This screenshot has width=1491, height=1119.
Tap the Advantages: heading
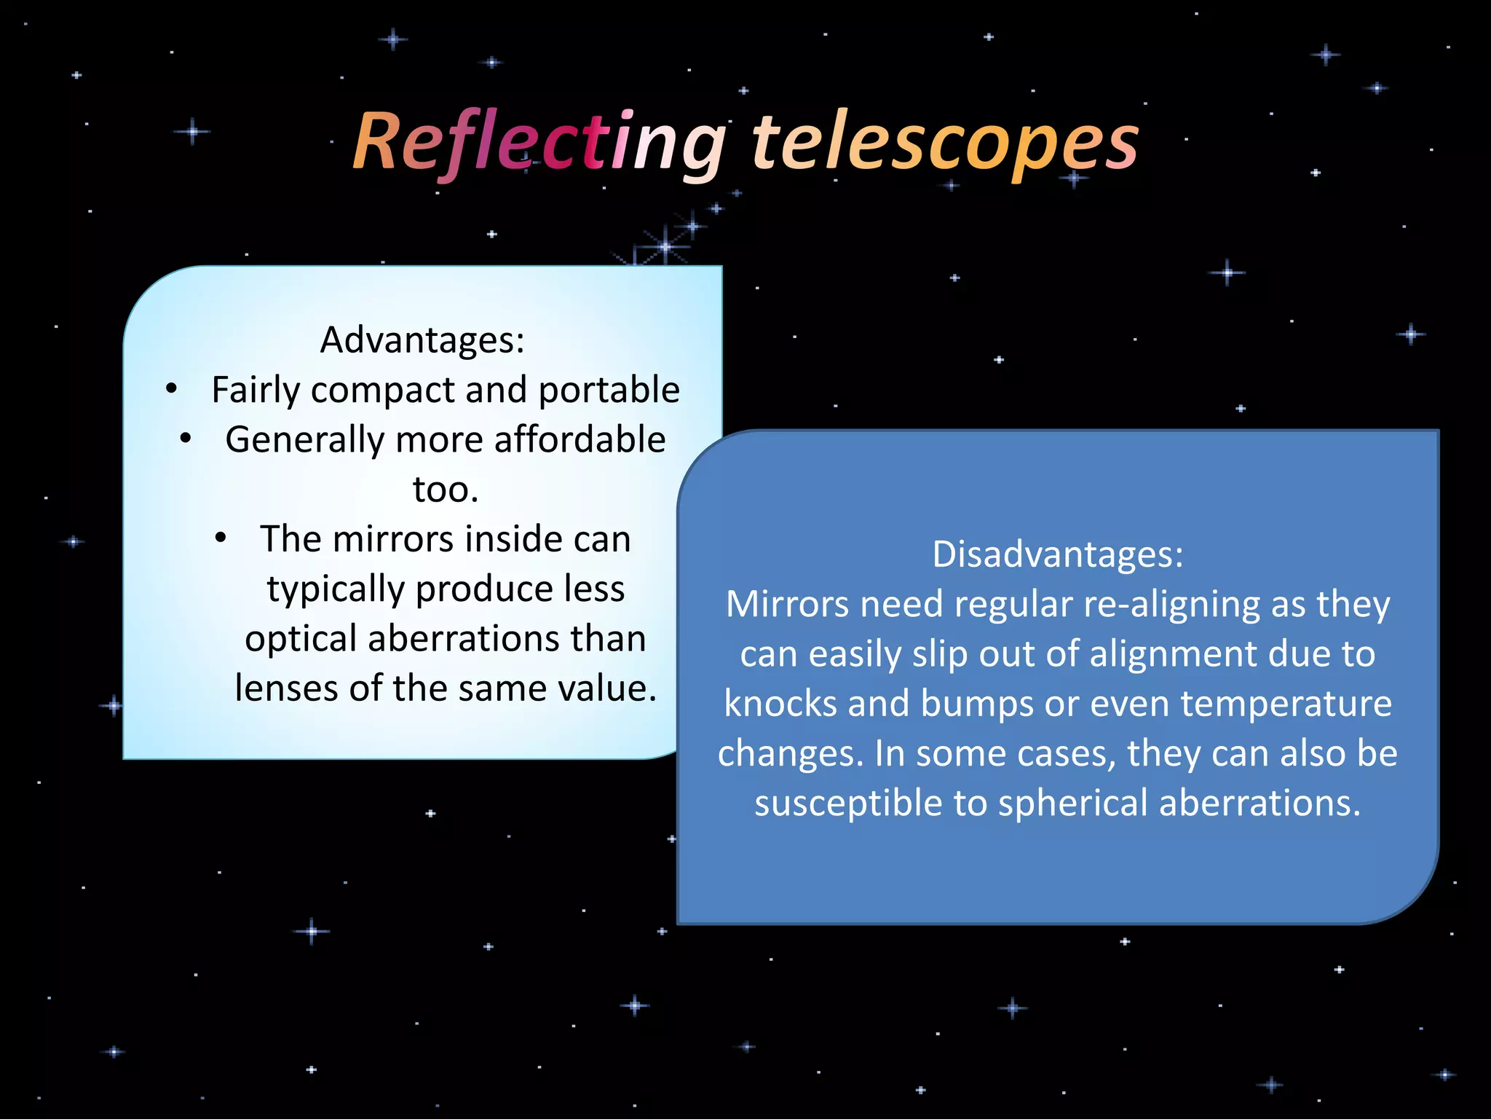pyautogui.click(x=422, y=339)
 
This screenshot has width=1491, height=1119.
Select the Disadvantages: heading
pyautogui.click(x=1058, y=554)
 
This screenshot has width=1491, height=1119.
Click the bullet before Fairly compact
pyautogui.click(x=171, y=389)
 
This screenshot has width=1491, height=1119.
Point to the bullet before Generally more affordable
pyautogui.click(x=186, y=439)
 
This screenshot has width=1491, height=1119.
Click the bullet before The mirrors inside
pyautogui.click(x=221, y=538)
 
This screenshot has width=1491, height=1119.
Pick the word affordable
pyautogui.click(x=580, y=439)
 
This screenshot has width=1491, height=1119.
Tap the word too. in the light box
pyautogui.click(x=446, y=489)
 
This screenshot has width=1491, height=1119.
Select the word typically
pyautogui.click(x=336, y=589)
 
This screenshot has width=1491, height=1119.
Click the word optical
pyautogui.click(x=301, y=638)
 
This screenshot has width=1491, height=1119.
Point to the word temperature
pyautogui.click(x=1286, y=703)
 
